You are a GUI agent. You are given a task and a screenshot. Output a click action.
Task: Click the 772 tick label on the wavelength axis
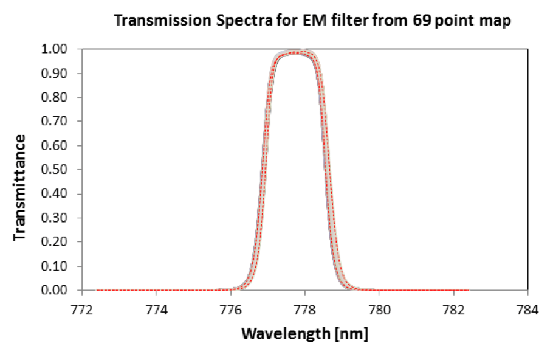(82, 310)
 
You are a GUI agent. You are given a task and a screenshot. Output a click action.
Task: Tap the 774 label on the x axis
(156, 310)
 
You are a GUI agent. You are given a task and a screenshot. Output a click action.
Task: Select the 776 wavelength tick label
(231, 310)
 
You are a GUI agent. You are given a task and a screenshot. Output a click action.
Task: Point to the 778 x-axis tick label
(305, 310)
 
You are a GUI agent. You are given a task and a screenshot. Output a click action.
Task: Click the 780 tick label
(379, 310)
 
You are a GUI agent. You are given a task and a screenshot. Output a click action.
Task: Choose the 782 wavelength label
(453, 310)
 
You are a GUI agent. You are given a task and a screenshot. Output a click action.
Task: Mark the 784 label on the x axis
(527, 310)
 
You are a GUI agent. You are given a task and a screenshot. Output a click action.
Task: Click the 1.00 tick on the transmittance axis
(54, 49)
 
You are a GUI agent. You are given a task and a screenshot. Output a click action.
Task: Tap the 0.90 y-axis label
(54, 73)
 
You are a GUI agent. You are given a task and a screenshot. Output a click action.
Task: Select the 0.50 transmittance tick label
(54, 170)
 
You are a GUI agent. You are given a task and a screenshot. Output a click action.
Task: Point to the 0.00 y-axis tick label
(54, 290)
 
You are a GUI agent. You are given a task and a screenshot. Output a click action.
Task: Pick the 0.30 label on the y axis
(54, 218)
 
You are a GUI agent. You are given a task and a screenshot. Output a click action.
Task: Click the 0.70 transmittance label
(54, 121)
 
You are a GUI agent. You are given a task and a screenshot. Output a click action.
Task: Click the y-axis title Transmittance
(19, 188)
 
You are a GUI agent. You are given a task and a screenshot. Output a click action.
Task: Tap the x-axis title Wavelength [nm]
(305, 333)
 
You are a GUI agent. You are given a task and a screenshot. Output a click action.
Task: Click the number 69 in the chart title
(422, 21)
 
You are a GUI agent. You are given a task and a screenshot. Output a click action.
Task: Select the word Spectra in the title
(244, 21)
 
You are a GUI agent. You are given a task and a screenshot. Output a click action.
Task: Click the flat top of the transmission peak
(294, 53)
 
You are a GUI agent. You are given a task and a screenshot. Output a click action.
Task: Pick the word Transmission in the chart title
(163, 21)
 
